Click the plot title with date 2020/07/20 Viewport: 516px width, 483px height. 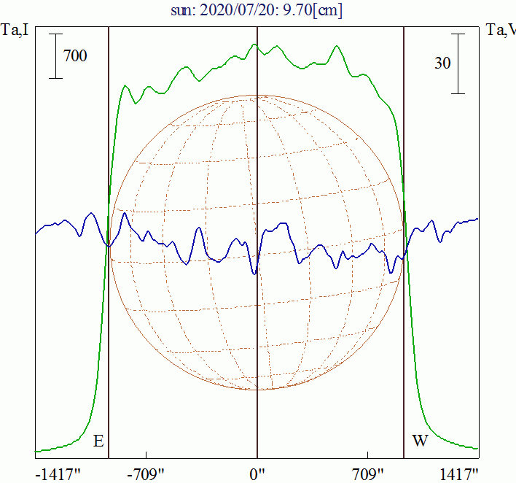pos(257,11)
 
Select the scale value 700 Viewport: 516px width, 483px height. pos(75,55)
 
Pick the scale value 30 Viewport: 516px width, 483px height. pos(442,63)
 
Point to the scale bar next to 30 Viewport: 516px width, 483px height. pos(458,63)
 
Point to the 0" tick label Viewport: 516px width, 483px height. pos(257,474)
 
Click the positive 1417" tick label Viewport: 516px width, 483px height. pos(459,474)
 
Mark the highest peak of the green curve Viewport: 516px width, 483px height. pos(254,45)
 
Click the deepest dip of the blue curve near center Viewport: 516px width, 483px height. pos(254,274)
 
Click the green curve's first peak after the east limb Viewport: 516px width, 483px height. pos(125,86)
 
